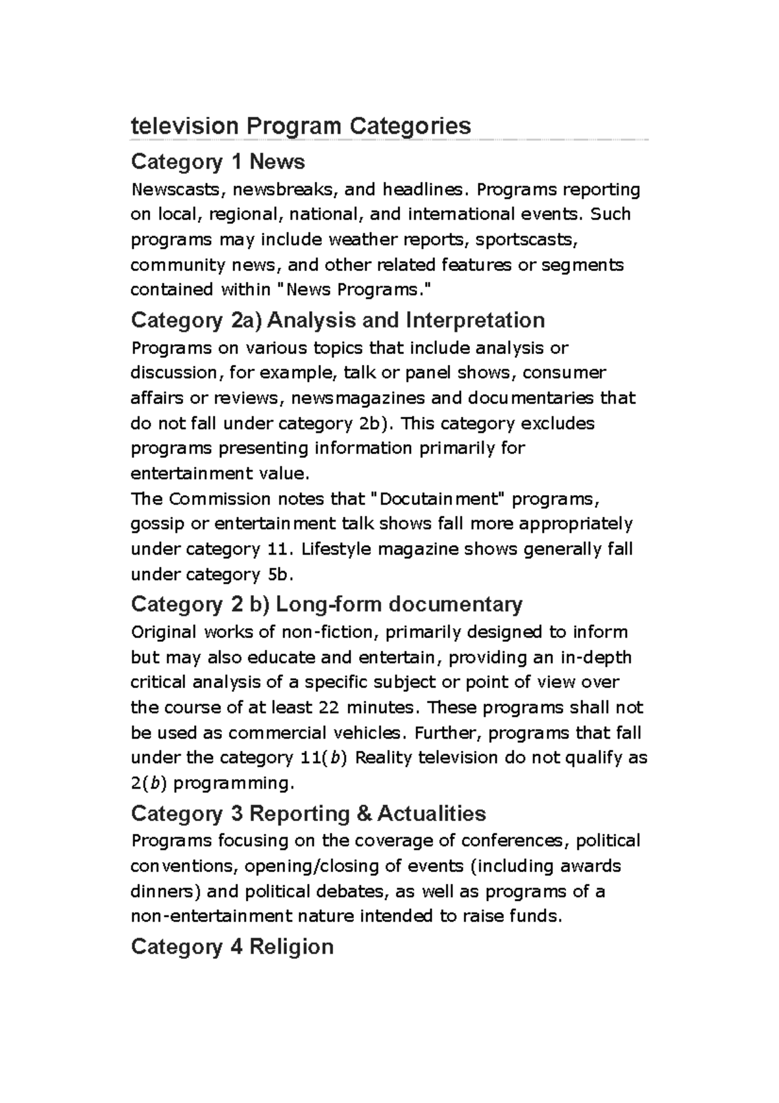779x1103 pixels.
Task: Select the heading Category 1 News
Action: click(x=217, y=161)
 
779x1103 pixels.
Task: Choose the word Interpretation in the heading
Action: click(x=475, y=320)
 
